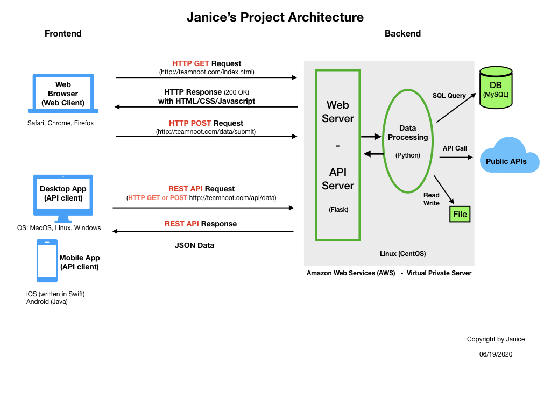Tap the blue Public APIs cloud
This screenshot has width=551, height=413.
click(x=509, y=156)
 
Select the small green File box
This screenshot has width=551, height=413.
click(x=460, y=214)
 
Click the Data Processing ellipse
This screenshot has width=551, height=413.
click(x=408, y=141)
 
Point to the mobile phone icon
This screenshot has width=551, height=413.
click(x=47, y=261)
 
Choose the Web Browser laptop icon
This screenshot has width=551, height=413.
click(x=63, y=94)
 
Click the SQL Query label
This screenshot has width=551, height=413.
click(x=449, y=96)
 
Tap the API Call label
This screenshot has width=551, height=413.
click(x=455, y=148)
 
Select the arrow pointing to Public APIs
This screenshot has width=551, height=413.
click(x=456, y=158)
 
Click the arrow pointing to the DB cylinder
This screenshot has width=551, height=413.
click(x=456, y=108)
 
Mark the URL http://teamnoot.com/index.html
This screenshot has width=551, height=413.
click(x=207, y=72)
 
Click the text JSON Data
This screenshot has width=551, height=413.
click(x=194, y=245)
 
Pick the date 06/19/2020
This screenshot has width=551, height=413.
click(x=496, y=354)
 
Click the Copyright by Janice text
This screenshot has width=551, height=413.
click(x=496, y=339)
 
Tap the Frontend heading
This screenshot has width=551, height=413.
click(x=63, y=34)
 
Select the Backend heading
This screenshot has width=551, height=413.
click(x=402, y=34)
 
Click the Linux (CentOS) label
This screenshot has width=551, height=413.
click(x=403, y=253)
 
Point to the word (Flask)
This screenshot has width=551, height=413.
click(x=338, y=210)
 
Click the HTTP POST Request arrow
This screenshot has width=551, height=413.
click(x=207, y=137)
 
